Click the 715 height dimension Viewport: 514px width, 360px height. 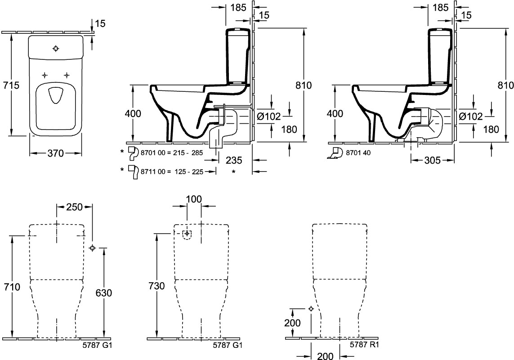(12, 85)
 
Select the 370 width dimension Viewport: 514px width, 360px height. (56, 153)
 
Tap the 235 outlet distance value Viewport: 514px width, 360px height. (234, 160)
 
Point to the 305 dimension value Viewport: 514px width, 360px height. (432, 160)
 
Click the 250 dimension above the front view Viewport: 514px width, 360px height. (74, 207)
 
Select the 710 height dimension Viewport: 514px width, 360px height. (12, 287)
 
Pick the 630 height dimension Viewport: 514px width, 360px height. (103, 293)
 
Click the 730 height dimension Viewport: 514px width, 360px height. (156, 286)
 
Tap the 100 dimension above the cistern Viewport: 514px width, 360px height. (194, 199)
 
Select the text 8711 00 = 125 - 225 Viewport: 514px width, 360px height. (172, 171)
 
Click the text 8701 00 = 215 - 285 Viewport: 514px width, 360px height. (172, 153)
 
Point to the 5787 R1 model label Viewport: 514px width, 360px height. (364, 345)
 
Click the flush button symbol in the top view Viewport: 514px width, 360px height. (56, 49)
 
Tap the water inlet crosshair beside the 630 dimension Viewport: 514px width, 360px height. (93, 248)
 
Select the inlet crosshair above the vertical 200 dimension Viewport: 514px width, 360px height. (311, 309)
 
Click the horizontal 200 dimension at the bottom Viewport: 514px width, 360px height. (325, 356)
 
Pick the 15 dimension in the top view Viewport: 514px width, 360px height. (101, 23)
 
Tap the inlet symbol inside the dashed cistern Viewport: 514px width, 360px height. (187, 234)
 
